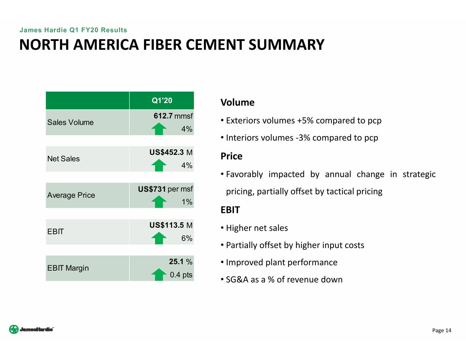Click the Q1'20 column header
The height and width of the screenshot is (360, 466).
coord(162,100)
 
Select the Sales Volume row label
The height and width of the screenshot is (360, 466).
coord(70,123)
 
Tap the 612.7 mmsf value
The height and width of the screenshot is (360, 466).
coord(173,116)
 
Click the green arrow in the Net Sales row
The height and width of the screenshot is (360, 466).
coord(159,165)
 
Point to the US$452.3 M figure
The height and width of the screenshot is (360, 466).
coord(171,153)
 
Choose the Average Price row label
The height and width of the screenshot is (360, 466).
coord(71,195)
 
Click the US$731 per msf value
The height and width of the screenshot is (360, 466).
coord(165,189)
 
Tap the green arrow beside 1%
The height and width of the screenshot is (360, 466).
coord(159,202)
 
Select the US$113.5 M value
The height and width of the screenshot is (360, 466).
coord(171,225)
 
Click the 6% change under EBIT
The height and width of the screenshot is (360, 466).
coord(187,239)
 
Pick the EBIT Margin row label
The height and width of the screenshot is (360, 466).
coord(68,268)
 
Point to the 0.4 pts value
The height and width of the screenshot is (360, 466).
coord(181,275)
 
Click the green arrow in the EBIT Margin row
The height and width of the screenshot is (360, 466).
coord(159,274)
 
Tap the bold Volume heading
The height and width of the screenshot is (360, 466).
coord(237,102)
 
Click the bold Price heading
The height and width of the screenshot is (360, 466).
coord(231,156)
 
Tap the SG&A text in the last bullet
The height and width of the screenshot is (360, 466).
coord(237,280)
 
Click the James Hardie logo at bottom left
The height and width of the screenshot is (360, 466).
coord(31,329)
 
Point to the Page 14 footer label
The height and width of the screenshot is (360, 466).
coord(441,330)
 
